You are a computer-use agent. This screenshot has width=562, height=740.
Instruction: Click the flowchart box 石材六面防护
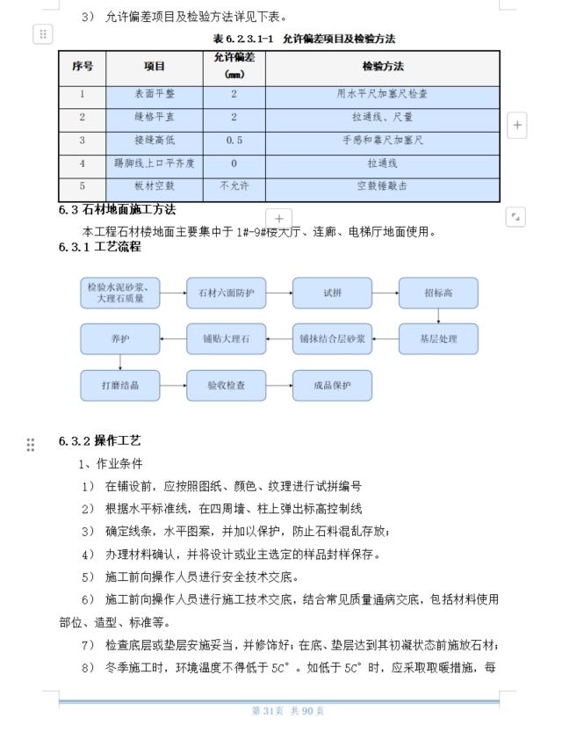[x=226, y=293]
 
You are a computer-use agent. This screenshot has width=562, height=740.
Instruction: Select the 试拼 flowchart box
[x=332, y=293]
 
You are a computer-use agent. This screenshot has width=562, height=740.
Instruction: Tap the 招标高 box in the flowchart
[x=438, y=293]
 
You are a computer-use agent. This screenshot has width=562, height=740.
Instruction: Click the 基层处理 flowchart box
[x=438, y=338]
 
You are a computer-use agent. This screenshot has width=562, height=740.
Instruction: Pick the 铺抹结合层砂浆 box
[x=332, y=338]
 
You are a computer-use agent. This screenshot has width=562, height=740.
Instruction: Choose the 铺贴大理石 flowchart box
[x=226, y=338]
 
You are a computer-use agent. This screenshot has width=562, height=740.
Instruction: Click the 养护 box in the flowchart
[x=120, y=338]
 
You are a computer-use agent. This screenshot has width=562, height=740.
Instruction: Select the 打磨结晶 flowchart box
[x=120, y=385]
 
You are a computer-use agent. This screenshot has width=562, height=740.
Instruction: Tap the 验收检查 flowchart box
[x=226, y=385]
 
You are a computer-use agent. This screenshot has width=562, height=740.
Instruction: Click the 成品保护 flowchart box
[x=332, y=385]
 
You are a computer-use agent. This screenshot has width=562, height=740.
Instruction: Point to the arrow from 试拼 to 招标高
[x=385, y=293]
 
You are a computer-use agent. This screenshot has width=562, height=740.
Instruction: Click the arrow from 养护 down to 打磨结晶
[x=120, y=362]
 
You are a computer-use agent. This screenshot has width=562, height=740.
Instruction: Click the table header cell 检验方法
[x=383, y=66]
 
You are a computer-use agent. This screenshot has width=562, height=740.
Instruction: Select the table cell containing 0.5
[x=234, y=140]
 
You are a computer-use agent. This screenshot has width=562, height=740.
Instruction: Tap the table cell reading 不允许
[x=234, y=186]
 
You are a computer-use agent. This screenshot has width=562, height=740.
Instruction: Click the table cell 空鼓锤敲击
[x=383, y=186]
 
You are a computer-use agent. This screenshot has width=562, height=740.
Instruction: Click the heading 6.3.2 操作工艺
[x=100, y=440]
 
